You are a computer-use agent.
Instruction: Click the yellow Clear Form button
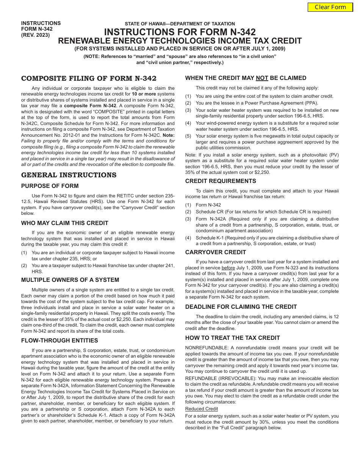tap(330, 7)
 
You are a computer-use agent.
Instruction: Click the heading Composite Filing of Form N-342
tap(89, 78)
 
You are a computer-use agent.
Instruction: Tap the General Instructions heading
tap(69, 175)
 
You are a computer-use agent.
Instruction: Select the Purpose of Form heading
tap(50, 186)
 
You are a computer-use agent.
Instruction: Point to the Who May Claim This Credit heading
tap(65, 223)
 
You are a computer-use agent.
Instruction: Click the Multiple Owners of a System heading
tap(70, 280)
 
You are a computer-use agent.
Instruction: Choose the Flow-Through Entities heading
tap(59, 341)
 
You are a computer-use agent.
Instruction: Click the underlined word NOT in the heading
tap(262, 78)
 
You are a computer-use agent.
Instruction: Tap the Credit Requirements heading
tap(221, 181)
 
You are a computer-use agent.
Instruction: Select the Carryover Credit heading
tap(216, 252)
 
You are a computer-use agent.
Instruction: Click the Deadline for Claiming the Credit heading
tap(241, 307)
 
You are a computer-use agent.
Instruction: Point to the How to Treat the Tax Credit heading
tap(233, 338)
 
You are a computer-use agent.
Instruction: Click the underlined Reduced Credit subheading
tap(202, 409)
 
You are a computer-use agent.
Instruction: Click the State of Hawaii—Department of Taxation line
tap(180, 24)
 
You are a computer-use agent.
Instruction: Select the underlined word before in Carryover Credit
tap(228, 268)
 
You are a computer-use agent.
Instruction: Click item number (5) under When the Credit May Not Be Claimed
tap(188, 136)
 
